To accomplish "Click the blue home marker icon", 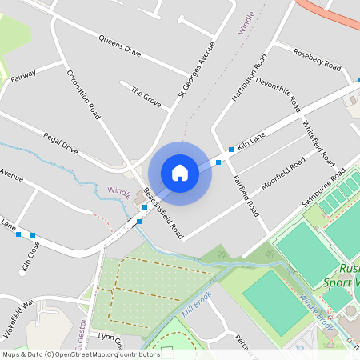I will pyautogui.click(x=180, y=173).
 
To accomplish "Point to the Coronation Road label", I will pyautogui.click(x=83, y=95).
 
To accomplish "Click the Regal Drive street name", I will pyautogui.click(x=61, y=143).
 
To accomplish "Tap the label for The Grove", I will pyautogui.click(x=146, y=98).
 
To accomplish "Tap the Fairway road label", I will pyautogui.click(x=23, y=75).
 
